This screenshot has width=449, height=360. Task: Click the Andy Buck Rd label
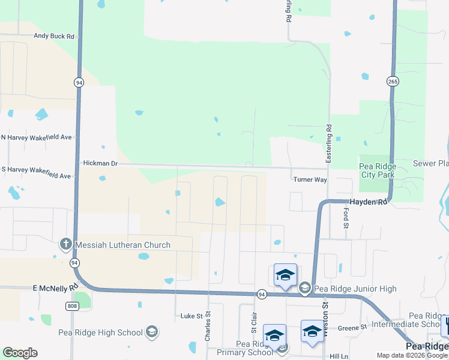coord(54,36)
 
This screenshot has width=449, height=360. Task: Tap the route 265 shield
coord(393,82)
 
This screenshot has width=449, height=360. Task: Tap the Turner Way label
coord(310,179)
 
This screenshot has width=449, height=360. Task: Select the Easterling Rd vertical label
coord(329,143)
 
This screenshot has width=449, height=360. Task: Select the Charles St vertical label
coord(208,326)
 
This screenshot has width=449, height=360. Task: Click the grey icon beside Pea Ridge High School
coord(152,332)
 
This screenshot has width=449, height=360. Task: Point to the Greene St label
coord(352,328)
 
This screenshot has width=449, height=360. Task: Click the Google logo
coord(20,353)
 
